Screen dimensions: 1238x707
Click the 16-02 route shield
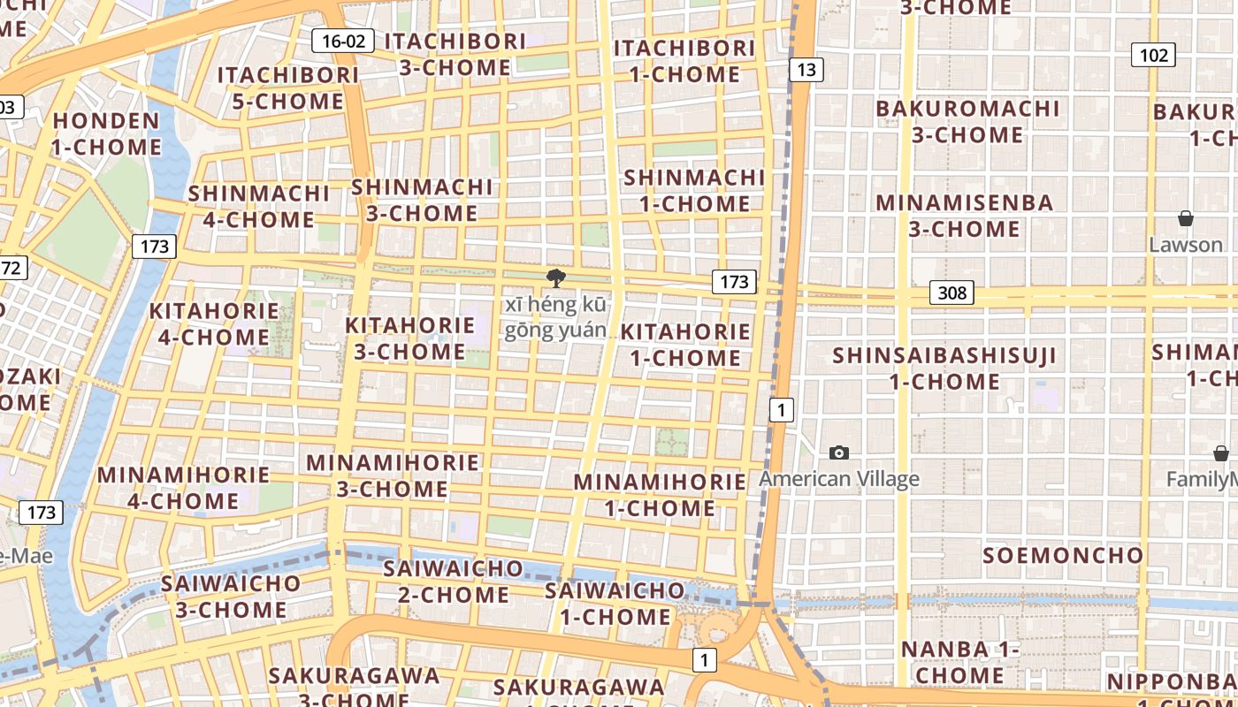(x=343, y=41)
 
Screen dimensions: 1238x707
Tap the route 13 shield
(x=806, y=70)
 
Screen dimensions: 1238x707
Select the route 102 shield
(x=1153, y=56)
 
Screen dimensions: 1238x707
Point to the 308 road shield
(x=951, y=293)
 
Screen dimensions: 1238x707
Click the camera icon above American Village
(x=839, y=453)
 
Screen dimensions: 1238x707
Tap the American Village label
(x=839, y=479)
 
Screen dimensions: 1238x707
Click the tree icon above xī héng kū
(x=555, y=278)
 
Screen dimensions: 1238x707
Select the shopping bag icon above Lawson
(x=1186, y=218)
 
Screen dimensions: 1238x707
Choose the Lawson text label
(x=1186, y=244)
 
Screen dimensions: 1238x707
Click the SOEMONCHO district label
(x=1063, y=556)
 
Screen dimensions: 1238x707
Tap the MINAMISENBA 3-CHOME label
(x=964, y=216)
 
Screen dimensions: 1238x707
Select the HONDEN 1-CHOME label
(x=106, y=133)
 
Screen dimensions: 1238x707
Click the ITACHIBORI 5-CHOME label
(x=288, y=88)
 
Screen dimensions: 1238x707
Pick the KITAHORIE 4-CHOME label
(x=214, y=324)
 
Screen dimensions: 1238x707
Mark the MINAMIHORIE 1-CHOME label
(x=660, y=495)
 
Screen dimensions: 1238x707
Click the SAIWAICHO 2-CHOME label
(x=453, y=582)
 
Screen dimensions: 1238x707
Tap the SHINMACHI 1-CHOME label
(x=694, y=191)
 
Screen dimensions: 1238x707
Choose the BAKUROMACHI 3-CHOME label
(x=967, y=122)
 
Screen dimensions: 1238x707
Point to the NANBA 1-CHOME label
(x=959, y=662)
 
